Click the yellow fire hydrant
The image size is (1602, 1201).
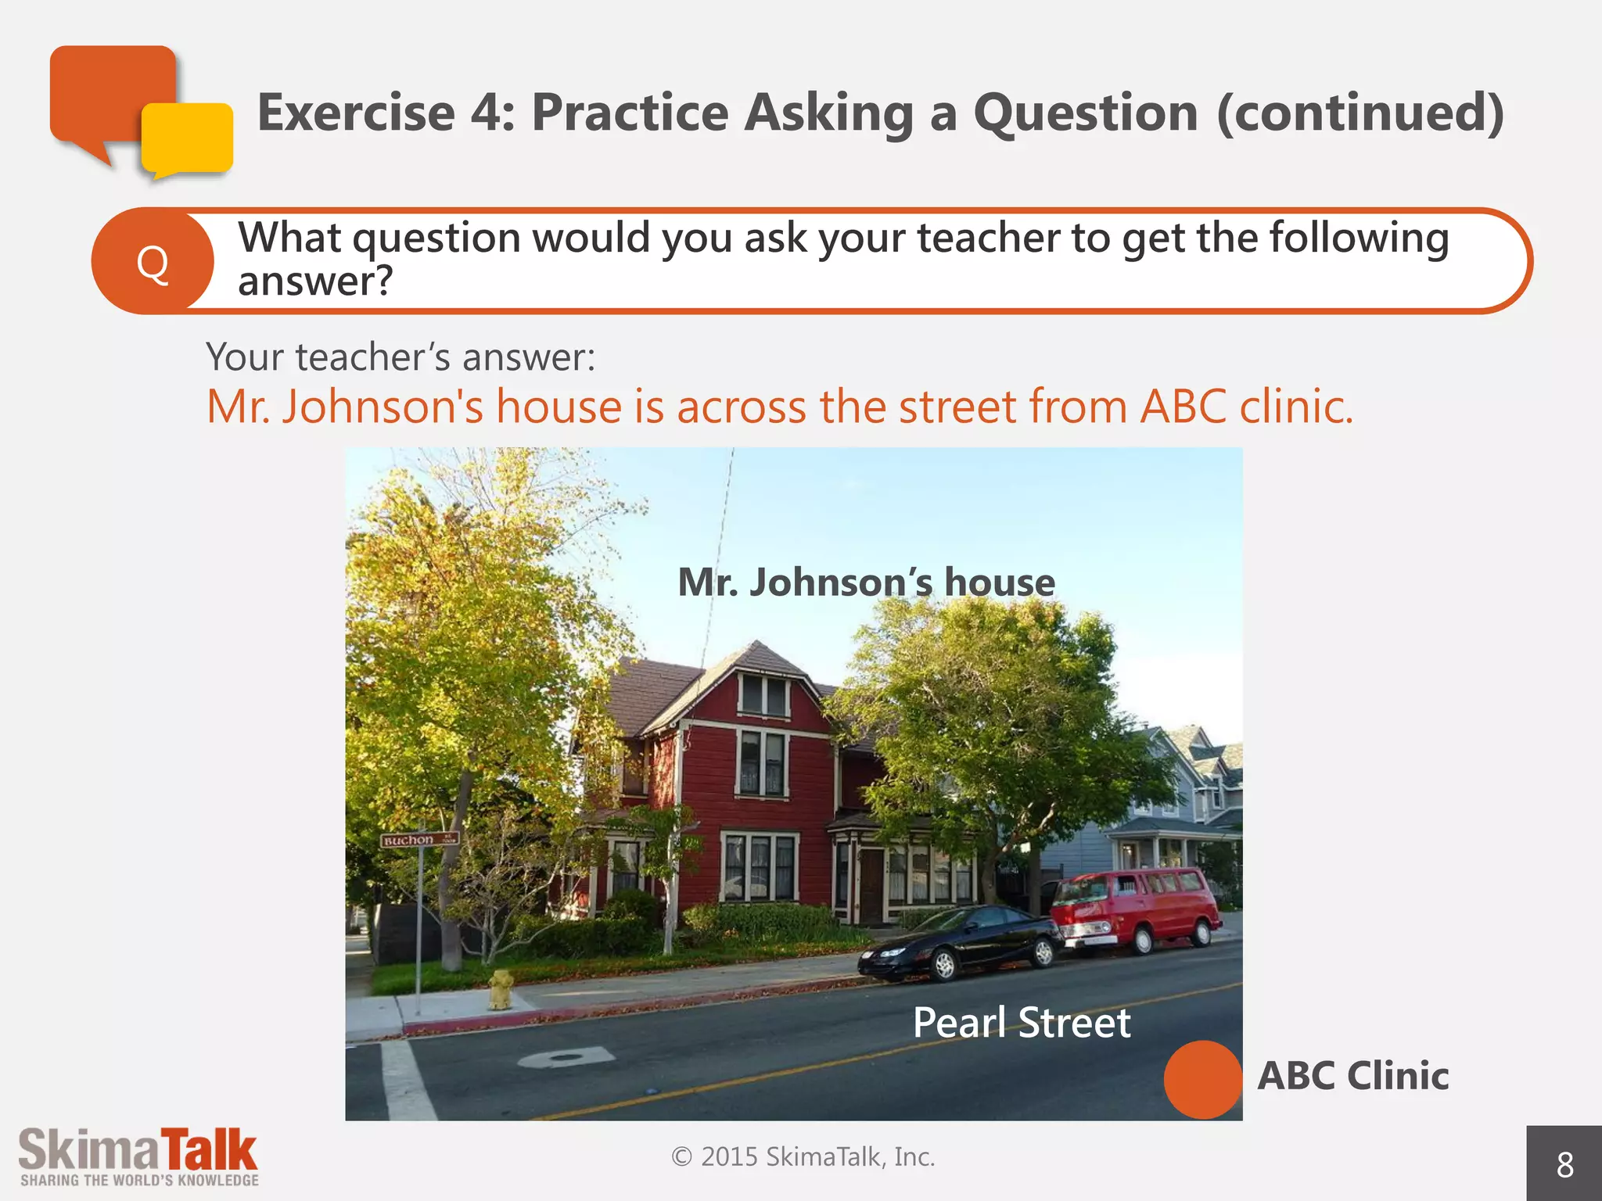click(x=501, y=989)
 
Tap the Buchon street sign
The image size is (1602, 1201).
click(x=418, y=840)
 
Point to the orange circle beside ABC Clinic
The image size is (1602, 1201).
click(x=1202, y=1079)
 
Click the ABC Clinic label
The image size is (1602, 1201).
click(x=1352, y=1076)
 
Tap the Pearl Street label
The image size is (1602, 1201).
click(x=1021, y=1023)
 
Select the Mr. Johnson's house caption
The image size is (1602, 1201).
click(x=866, y=583)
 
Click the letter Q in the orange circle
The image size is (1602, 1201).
click(x=153, y=263)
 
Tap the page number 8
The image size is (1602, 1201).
click(x=1564, y=1165)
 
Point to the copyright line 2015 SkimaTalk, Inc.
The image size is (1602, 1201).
click(x=803, y=1156)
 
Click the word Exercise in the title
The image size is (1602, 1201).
click(x=356, y=113)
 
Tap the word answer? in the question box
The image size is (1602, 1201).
click(x=314, y=281)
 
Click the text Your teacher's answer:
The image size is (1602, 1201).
click(x=400, y=357)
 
